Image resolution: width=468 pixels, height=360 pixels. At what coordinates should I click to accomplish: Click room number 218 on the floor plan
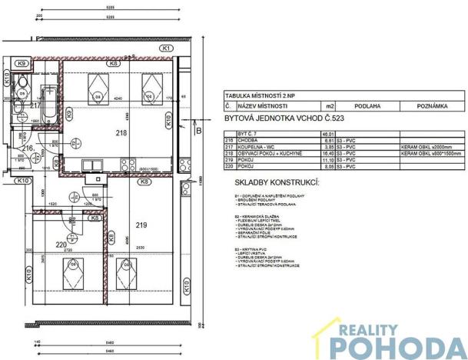(121, 133)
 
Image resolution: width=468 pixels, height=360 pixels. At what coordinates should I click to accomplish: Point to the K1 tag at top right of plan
(167, 48)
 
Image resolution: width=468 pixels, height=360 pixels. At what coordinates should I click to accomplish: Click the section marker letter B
(197, 132)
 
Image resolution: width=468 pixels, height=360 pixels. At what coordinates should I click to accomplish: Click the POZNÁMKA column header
(431, 105)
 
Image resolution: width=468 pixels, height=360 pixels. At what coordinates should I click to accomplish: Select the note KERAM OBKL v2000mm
(428, 147)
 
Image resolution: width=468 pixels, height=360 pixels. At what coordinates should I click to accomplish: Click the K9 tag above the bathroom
(22, 63)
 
